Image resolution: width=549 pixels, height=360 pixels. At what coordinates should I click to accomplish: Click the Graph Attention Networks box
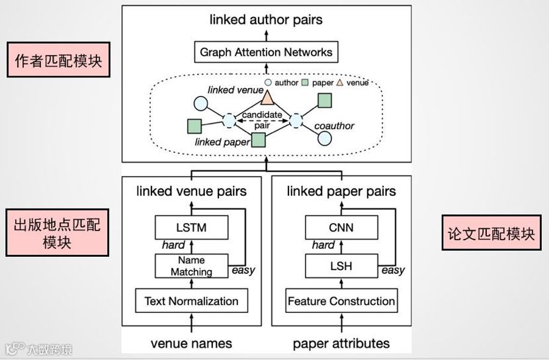267,51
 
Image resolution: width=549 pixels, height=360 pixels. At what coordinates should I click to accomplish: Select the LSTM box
192,228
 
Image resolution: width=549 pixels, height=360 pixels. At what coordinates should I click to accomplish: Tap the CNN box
341,228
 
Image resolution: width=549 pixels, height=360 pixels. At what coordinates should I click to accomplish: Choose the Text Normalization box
191,301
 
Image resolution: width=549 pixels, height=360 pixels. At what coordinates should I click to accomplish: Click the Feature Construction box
341,301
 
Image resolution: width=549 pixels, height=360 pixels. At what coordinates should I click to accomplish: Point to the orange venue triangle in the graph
267,99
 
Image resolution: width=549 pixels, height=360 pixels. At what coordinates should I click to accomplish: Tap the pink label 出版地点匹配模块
57,232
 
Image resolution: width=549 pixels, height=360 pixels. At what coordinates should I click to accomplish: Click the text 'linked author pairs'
267,19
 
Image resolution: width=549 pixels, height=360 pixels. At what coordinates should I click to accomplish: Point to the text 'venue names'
191,343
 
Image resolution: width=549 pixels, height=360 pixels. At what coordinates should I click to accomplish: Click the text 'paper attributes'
341,343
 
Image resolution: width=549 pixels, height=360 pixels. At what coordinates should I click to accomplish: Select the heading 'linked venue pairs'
191,191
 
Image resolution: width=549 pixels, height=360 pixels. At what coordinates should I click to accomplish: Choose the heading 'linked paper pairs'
341,191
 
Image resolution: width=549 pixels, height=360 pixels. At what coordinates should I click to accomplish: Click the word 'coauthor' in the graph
335,126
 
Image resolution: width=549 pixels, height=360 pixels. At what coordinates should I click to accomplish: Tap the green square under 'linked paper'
259,140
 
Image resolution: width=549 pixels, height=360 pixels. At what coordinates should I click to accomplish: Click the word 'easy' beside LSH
394,270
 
